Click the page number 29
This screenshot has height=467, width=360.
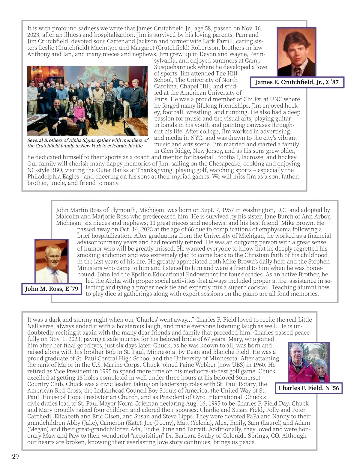15,457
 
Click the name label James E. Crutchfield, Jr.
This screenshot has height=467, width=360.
297,82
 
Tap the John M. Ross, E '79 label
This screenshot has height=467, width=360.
52,289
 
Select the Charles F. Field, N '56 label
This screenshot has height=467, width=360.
308,388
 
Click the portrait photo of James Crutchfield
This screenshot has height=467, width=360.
296,52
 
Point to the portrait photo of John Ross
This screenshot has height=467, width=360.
51,261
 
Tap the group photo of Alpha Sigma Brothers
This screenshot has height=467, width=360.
88,100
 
